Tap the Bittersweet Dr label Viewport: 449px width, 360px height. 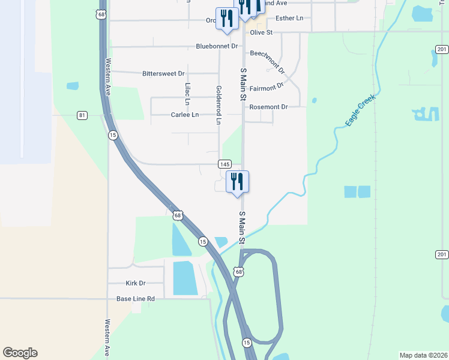(x=163, y=74)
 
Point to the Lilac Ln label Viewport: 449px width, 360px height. (x=188, y=91)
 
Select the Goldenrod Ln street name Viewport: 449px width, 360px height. (x=218, y=104)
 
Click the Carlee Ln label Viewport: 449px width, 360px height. (x=184, y=115)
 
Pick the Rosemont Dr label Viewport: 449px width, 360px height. (x=268, y=107)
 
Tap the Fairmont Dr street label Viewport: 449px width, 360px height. (x=266, y=87)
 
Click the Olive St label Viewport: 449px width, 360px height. (x=261, y=32)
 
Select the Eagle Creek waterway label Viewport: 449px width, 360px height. (x=360, y=110)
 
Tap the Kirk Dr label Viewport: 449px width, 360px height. (x=136, y=283)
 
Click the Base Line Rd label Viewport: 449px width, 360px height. (x=136, y=298)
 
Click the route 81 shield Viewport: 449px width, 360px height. (x=82, y=115)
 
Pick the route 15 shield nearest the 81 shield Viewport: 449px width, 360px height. (x=113, y=136)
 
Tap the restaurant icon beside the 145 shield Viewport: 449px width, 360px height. (x=237, y=182)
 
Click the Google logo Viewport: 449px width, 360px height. (x=20, y=353)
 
